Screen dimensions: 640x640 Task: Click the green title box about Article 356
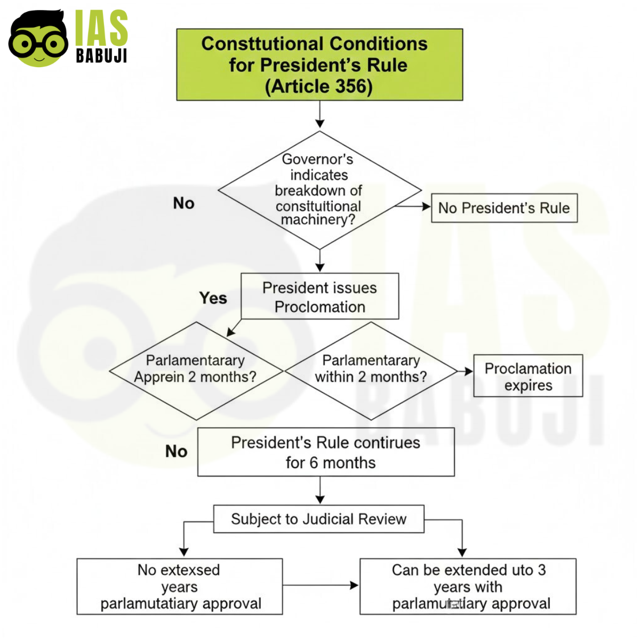click(319, 65)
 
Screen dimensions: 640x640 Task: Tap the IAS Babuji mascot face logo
click(38, 38)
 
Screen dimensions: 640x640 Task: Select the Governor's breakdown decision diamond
click(319, 190)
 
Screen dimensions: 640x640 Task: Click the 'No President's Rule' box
click(504, 208)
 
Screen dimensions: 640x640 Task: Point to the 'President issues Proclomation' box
click(319, 297)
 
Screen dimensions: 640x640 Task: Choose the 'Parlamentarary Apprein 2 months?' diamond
click(196, 371)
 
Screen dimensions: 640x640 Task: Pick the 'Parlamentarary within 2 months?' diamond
click(371, 371)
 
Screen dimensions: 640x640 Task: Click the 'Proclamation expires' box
click(528, 376)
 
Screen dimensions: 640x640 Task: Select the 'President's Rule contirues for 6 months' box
click(326, 452)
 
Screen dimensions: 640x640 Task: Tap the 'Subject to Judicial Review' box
click(318, 519)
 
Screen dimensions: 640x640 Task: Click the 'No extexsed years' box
click(180, 586)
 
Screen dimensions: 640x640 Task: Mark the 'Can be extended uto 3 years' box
click(468, 586)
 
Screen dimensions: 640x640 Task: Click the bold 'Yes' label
click(213, 298)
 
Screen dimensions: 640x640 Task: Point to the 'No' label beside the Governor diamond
click(183, 203)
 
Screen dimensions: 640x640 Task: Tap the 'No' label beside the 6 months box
click(176, 451)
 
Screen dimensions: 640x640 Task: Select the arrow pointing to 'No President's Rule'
click(413, 206)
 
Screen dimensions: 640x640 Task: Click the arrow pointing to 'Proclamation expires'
click(465, 371)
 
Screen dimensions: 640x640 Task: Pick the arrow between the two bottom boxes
click(321, 585)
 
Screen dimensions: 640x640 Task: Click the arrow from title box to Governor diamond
click(319, 115)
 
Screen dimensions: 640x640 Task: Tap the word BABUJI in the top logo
click(101, 55)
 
